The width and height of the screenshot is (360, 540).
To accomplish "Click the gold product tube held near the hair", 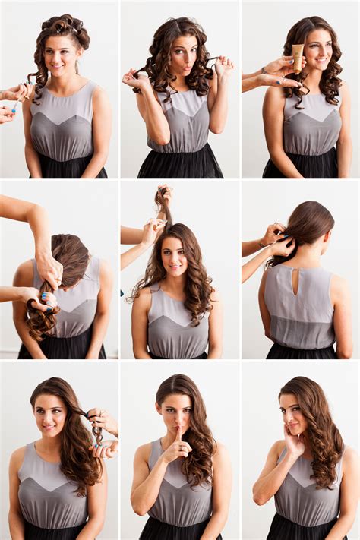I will point(298,57).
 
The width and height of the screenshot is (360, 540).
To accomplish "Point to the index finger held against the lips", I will point(178,438).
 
